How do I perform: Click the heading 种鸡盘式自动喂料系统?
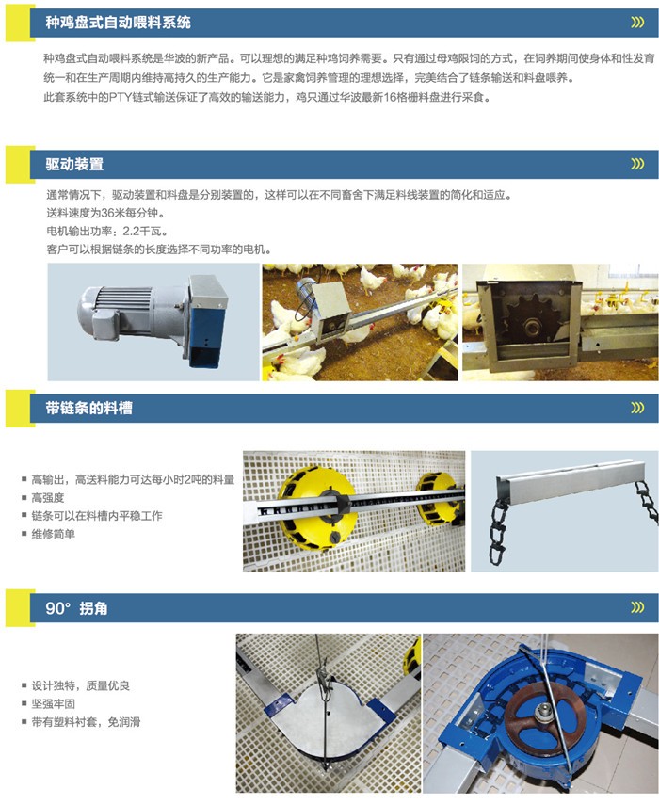click(118, 23)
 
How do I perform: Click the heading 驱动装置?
click(74, 164)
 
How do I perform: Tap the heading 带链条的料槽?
click(88, 408)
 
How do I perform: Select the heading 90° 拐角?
click(76, 608)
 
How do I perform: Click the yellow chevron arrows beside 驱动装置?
click(637, 164)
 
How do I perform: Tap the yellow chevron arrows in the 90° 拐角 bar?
click(637, 608)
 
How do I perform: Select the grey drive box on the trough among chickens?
click(331, 310)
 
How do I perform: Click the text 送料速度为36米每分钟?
click(105, 213)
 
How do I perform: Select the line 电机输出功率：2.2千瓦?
click(106, 232)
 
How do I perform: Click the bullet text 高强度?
click(48, 497)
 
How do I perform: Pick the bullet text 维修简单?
click(54, 534)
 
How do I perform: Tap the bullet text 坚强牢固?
click(54, 704)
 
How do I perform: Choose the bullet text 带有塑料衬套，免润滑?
click(87, 722)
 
